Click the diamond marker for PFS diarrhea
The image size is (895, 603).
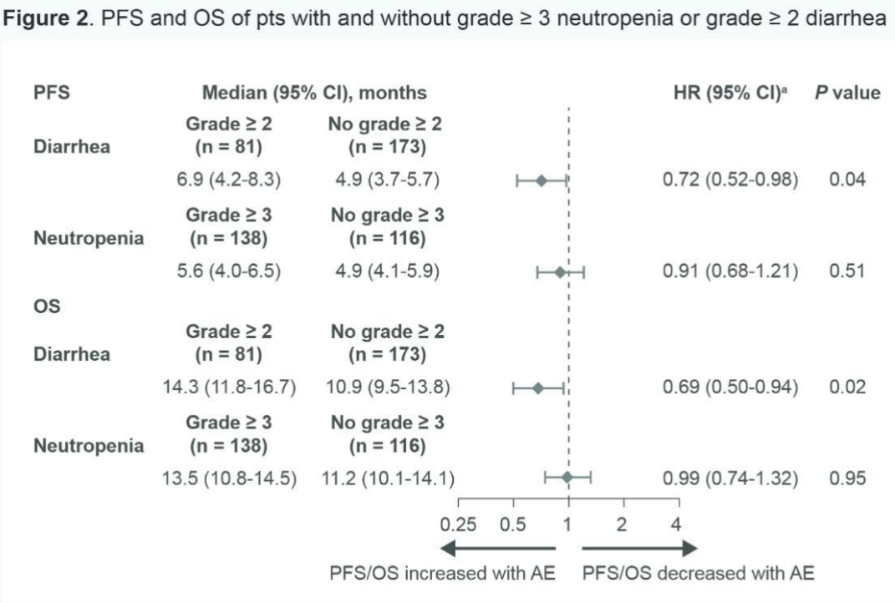541,180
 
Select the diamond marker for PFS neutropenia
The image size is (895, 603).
560,271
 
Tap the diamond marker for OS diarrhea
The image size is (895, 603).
538,388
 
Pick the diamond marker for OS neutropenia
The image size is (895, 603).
567,478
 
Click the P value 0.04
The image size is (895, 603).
847,180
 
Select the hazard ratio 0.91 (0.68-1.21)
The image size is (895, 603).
730,271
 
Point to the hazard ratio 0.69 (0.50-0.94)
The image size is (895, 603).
730,388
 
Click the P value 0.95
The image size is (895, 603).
847,479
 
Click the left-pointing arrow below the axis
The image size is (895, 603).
497,548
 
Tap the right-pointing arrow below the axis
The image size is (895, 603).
640,548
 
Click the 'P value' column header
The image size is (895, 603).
847,93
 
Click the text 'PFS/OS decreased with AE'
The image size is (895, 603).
698,574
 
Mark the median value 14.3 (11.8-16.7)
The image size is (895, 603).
230,388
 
